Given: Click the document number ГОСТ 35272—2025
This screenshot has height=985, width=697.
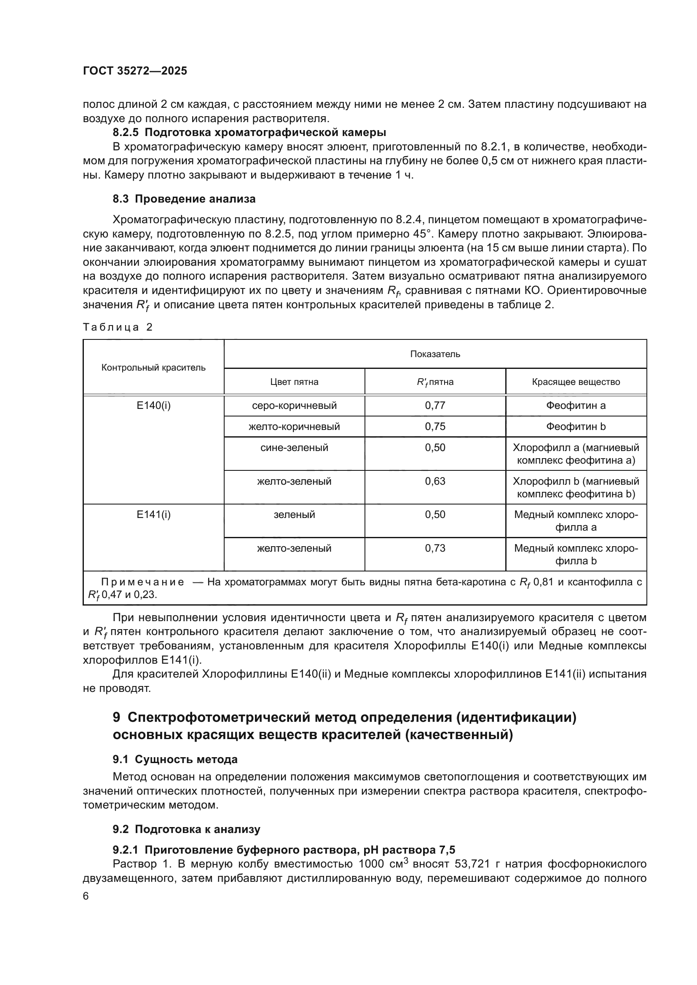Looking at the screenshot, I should tap(135, 71).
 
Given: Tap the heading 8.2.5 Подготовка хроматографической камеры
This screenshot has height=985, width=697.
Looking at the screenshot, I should tap(249, 133).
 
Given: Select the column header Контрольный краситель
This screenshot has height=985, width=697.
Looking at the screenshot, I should tap(153, 367).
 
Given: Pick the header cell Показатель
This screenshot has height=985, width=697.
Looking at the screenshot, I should tap(435, 354).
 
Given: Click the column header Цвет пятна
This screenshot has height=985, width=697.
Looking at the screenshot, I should tap(294, 382).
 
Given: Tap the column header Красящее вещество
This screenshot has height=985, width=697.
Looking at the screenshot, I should tap(576, 382).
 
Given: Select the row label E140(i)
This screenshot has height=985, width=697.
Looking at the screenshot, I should tap(153, 406).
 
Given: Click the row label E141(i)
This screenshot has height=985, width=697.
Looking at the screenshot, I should tap(153, 514).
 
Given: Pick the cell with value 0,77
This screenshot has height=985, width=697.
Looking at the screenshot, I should tap(435, 406).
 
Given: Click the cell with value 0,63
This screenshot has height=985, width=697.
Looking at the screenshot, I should tap(435, 481).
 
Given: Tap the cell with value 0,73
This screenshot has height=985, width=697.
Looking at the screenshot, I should tap(435, 548).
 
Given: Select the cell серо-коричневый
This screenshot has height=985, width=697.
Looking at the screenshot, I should tap(294, 406).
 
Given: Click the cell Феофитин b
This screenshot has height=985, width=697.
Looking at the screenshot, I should tap(576, 427).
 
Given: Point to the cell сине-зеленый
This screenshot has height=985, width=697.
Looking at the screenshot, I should tap(294, 448).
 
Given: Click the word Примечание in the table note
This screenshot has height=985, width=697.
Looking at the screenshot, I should tap(142, 582).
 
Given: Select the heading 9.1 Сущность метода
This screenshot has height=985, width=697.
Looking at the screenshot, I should tap(175, 759).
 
